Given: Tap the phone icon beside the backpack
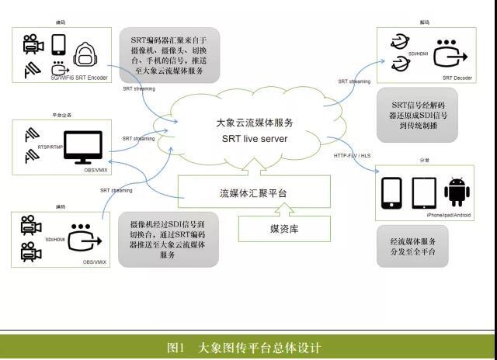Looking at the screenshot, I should [57, 44].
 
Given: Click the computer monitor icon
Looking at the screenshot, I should [82, 144].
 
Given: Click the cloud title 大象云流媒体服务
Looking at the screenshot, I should [255, 123].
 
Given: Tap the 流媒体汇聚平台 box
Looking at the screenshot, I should [255, 194].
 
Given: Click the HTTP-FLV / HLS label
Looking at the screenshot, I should [351, 156].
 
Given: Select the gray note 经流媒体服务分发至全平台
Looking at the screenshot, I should [412, 247].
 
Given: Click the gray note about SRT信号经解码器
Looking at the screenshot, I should [412, 114].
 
